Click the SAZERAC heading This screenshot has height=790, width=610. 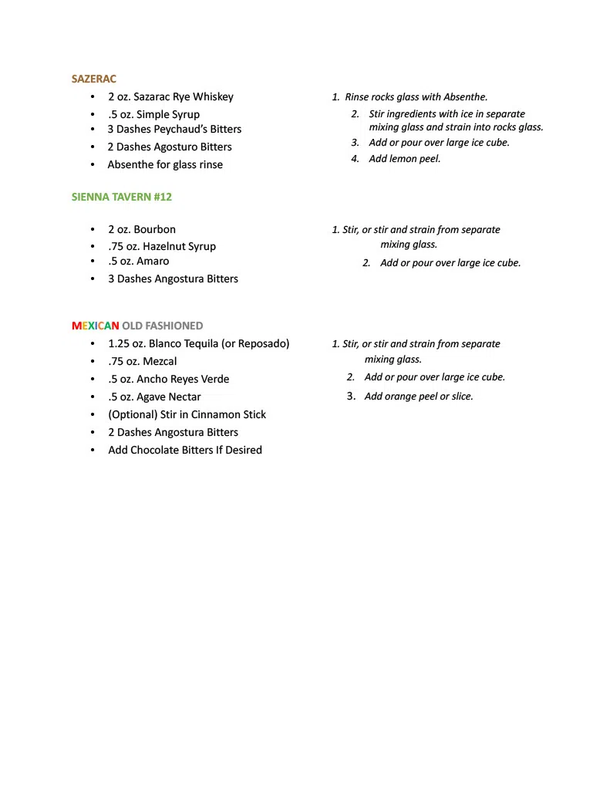coord(93,79)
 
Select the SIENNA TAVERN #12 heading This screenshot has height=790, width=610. coord(122,197)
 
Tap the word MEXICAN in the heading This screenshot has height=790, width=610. coord(96,326)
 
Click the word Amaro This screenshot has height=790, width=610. coord(153,261)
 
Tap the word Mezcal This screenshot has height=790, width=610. coord(160,361)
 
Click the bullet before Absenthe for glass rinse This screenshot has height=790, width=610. coord(92,164)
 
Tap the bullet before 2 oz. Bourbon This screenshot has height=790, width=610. coord(92,229)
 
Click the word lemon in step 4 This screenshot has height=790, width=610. coord(404,159)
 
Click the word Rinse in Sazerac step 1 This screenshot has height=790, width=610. coord(357,97)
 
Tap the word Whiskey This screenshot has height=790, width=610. coord(213,96)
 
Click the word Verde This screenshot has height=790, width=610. coord(214,379)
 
